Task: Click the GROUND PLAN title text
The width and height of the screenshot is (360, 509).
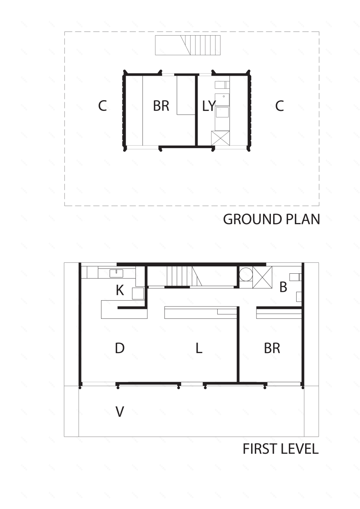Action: click(271, 219)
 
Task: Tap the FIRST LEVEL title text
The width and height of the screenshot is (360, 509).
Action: click(280, 449)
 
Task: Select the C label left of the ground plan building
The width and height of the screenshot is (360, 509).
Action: click(102, 106)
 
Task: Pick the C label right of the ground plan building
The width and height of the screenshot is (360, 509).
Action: click(279, 106)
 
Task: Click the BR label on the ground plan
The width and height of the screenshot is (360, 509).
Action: click(161, 106)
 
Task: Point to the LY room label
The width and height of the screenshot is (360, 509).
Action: click(209, 106)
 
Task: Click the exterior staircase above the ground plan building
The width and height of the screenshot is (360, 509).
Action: click(188, 45)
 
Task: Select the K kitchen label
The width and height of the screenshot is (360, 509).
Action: click(120, 291)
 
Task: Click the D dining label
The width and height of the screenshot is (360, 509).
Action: click(119, 349)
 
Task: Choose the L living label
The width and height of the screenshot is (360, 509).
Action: click(199, 349)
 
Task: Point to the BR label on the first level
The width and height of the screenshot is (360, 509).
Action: click(272, 349)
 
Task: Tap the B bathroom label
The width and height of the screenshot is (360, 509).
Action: click(283, 287)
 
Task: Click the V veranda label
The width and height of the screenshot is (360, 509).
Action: click(119, 412)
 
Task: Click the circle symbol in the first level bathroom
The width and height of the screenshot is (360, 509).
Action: click(246, 274)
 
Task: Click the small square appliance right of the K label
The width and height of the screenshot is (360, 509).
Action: click(137, 293)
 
